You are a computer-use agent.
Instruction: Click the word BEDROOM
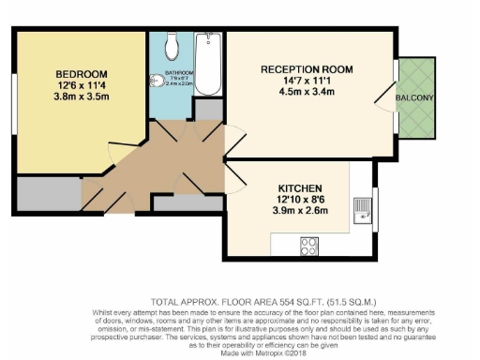[81, 74]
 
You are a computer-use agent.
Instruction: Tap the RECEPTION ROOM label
[306, 68]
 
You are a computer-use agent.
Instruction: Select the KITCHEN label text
[300, 187]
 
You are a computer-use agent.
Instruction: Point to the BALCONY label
[413, 98]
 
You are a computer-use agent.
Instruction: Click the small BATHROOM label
[179, 72]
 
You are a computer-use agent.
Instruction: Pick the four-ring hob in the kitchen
[309, 246]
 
